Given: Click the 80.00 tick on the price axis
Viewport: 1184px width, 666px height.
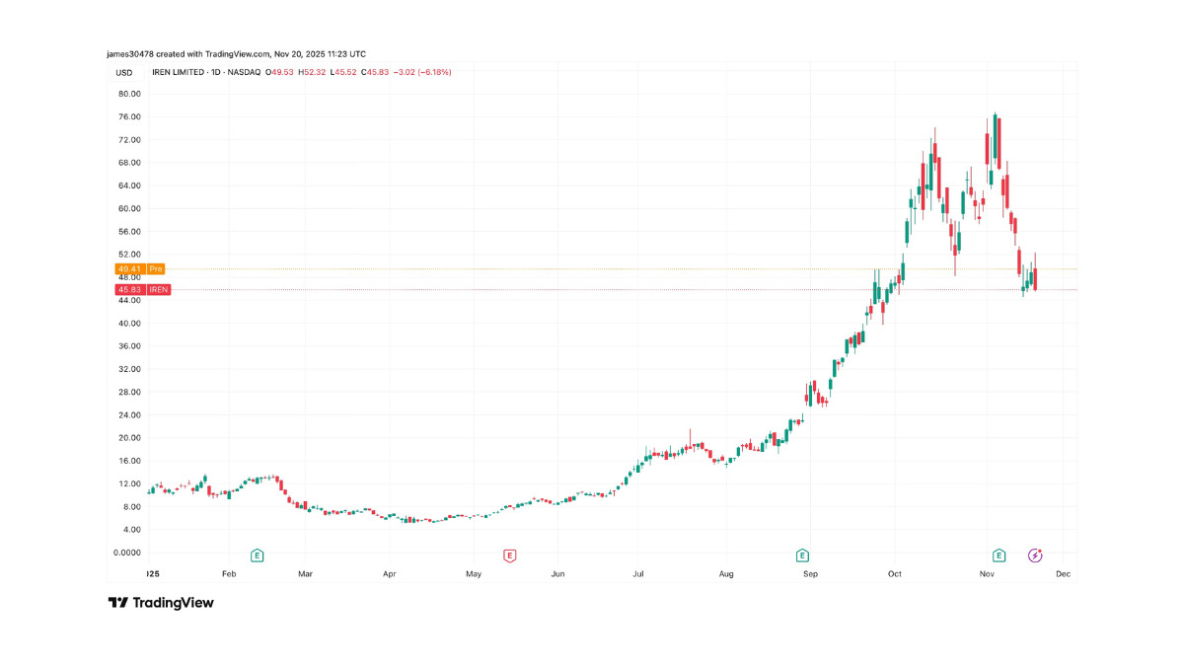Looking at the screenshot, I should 128,94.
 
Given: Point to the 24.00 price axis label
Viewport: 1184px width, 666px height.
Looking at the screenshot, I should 128,414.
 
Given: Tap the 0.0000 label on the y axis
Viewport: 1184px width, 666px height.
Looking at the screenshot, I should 127,553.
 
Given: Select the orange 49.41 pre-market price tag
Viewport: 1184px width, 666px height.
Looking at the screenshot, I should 127,268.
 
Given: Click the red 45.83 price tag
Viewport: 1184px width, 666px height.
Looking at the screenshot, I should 127,289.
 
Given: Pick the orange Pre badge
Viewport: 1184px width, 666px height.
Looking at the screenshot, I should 157,268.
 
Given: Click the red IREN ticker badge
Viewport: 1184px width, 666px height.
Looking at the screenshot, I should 158,289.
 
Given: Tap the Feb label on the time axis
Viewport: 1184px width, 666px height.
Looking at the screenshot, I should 229,573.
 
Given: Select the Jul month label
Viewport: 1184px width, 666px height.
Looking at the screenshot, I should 639,573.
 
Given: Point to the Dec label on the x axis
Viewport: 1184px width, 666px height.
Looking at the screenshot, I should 1064,573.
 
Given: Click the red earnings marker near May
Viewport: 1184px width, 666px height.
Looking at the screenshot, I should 510,555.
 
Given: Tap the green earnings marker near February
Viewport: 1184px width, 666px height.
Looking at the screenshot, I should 258,555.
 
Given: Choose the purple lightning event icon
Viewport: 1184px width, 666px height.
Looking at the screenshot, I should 1035,555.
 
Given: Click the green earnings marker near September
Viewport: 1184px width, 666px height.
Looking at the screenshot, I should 802,555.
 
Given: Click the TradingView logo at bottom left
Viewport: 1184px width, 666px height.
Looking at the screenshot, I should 161,602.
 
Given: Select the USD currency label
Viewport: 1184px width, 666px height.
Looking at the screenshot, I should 124,72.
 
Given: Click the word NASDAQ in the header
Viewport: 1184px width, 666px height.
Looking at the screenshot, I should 243,72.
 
